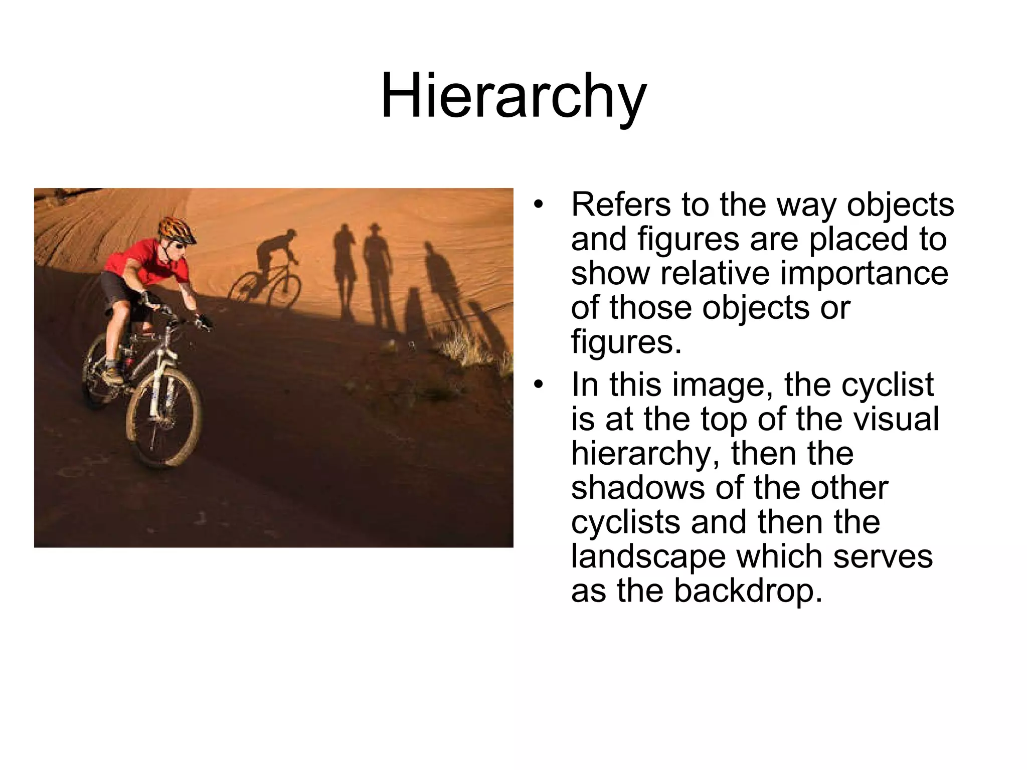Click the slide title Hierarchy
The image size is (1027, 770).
tap(513, 96)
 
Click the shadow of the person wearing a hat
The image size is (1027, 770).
tap(377, 276)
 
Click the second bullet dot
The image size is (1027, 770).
tap(538, 385)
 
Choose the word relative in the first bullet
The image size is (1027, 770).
tap(712, 273)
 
